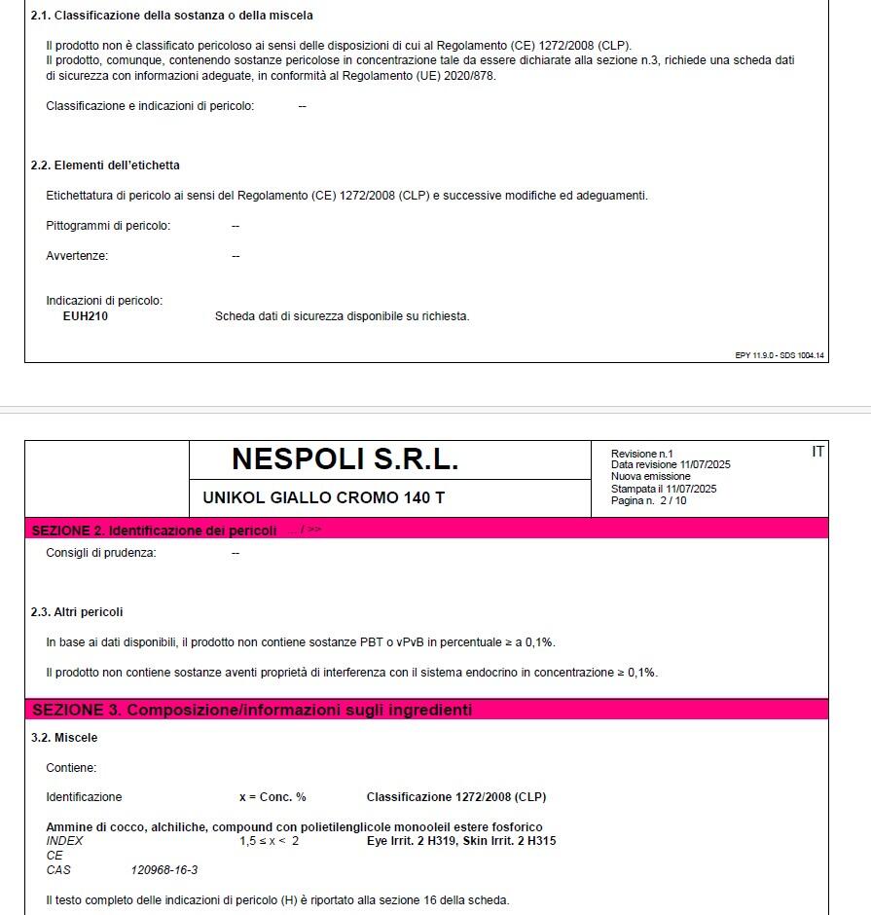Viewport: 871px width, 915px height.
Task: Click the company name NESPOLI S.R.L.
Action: [345, 459]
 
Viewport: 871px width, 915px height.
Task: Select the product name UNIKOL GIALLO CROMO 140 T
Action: [323, 498]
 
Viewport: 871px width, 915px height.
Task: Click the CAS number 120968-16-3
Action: [163, 870]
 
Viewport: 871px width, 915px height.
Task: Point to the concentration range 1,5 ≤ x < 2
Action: [270, 841]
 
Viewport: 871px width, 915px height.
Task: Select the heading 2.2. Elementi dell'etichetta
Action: [105, 165]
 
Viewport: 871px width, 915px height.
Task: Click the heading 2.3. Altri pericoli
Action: [77, 612]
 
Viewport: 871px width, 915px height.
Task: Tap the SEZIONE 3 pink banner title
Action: [252, 711]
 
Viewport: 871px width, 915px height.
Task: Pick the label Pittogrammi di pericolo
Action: [108, 226]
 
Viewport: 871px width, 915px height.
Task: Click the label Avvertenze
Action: [77, 256]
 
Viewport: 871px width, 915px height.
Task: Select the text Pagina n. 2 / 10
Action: [648, 501]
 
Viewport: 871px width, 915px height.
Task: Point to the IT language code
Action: [817, 451]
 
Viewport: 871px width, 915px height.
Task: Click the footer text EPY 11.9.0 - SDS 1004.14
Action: [780, 355]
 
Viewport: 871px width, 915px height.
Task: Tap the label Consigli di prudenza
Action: [101, 553]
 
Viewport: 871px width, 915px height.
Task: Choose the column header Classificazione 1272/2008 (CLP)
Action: [456, 797]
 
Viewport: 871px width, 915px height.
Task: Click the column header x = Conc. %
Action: [272, 797]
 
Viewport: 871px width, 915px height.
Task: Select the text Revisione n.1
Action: [641, 454]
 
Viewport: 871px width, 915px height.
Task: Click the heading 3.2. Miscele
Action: [64, 738]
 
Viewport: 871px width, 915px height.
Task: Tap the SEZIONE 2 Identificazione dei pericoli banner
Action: [154, 531]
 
